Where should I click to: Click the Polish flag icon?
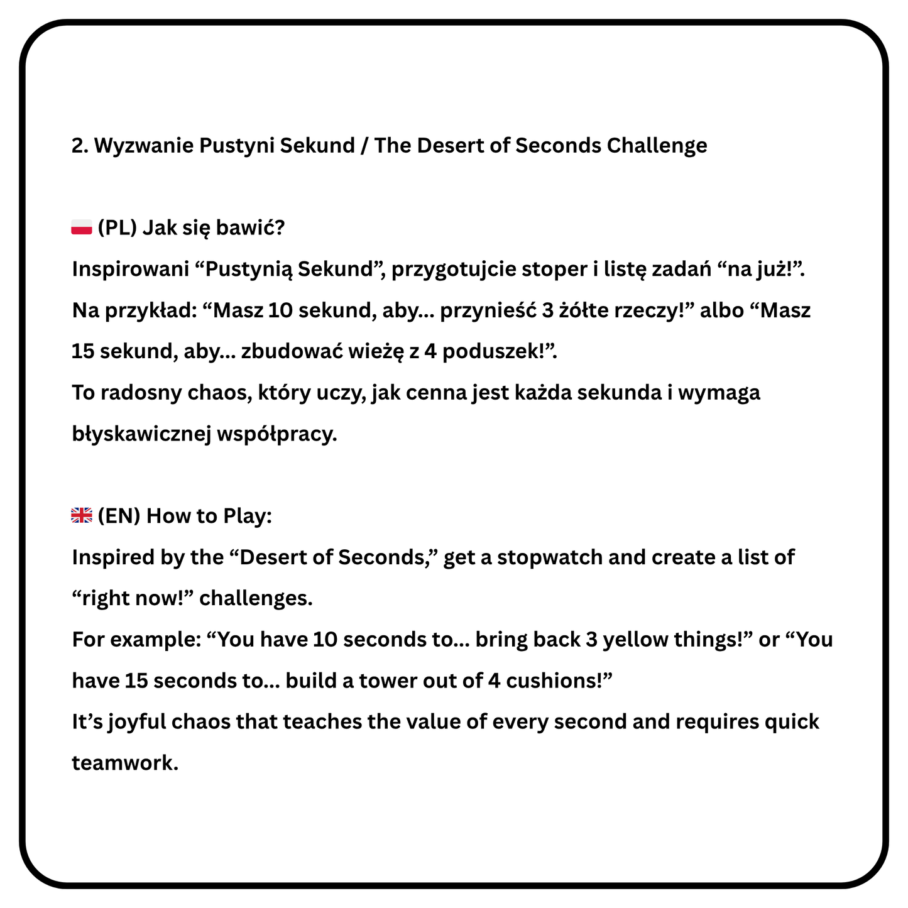point(82,227)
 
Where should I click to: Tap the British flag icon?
point(82,515)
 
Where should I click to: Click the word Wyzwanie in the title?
point(143,146)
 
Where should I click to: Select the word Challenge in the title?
point(657,146)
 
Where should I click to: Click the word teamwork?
point(125,763)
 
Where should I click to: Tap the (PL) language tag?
point(117,227)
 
